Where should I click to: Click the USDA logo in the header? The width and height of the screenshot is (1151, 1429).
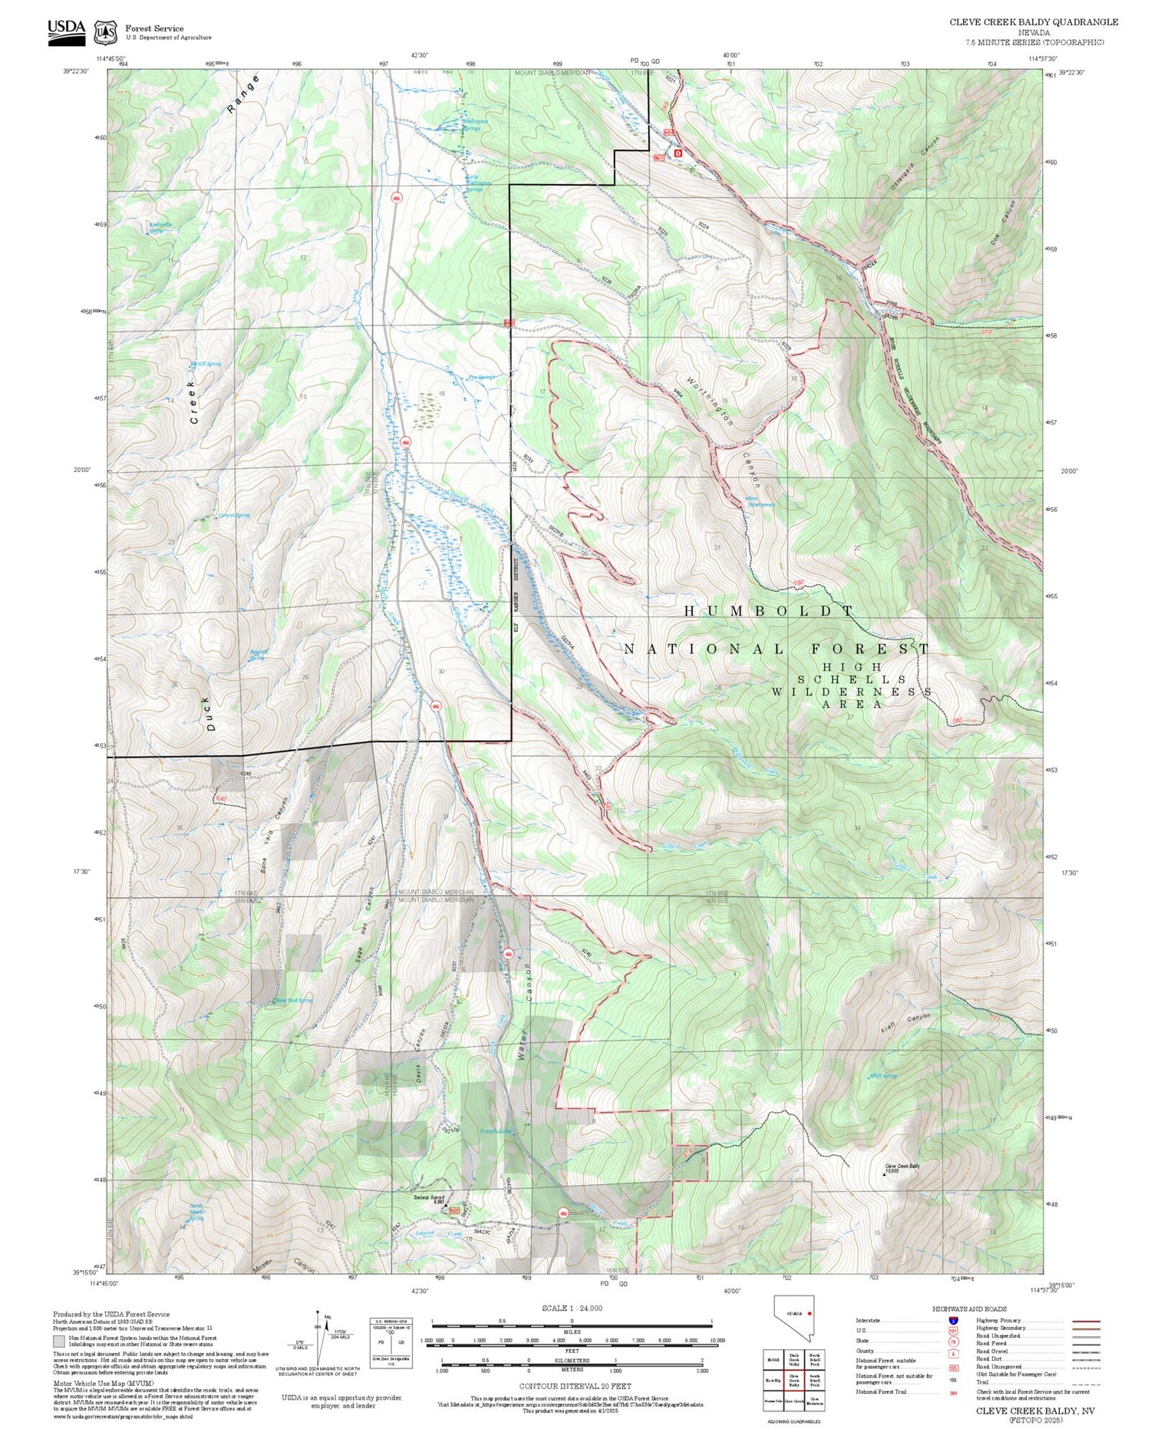(66, 31)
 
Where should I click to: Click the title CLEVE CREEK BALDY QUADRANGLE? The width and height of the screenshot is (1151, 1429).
(1033, 21)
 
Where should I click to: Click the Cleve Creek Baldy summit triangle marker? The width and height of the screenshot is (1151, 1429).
(885, 1174)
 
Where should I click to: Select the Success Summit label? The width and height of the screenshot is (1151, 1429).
(429, 1198)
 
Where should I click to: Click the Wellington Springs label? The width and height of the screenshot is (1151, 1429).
(474, 124)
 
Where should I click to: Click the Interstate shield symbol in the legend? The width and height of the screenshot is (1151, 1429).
(953, 1321)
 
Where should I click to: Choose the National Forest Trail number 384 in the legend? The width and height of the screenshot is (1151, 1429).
(953, 1391)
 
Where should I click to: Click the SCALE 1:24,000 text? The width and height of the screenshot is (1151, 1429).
(572, 1308)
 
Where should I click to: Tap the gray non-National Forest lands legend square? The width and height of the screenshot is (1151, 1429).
(59, 1342)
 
